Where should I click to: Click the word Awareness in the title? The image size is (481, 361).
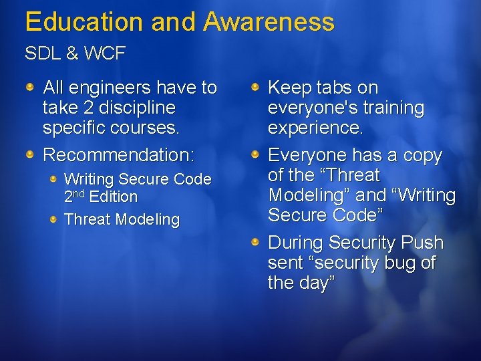[x=269, y=22]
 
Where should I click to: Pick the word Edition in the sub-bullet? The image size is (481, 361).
[x=113, y=197]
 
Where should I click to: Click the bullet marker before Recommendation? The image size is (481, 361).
[x=31, y=154]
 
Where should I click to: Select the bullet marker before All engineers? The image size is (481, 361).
[x=31, y=87]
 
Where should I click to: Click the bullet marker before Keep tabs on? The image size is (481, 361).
[x=256, y=87]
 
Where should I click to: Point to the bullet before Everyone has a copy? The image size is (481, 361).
[x=256, y=154]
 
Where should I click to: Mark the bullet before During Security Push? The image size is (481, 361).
[x=256, y=242]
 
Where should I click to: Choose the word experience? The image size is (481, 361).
[x=315, y=128]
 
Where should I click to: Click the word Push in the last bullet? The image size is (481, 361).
[x=424, y=243]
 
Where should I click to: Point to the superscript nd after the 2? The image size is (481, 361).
[x=79, y=194]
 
